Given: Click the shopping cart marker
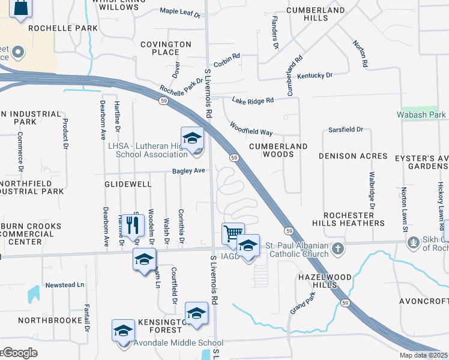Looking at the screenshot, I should pyautogui.click(x=232, y=232).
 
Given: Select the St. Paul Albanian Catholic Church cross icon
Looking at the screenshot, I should pyautogui.click(x=338, y=248).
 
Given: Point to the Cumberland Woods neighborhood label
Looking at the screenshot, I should pyautogui.click(x=279, y=150).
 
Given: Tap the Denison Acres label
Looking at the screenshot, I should pyautogui.click(x=353, y=156).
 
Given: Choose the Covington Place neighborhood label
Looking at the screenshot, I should pyautogui.click(x=166, y=48).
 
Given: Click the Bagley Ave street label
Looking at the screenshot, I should pyautogui.click(x=188, y=171).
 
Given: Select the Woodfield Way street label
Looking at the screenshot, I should pyautogui.click(x=251, y=128).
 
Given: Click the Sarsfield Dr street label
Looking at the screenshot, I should pyautogui.click(x=346, y=130).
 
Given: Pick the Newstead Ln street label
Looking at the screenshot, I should pyautogui.click(x=65, y=284).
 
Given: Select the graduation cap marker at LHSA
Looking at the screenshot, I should pyautogui.click(x=192, y=138).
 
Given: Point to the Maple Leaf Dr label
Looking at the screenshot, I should pyautogui.click(x=180, y=11).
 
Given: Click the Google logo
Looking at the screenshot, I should pyautogui.click(x=19, y=353).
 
